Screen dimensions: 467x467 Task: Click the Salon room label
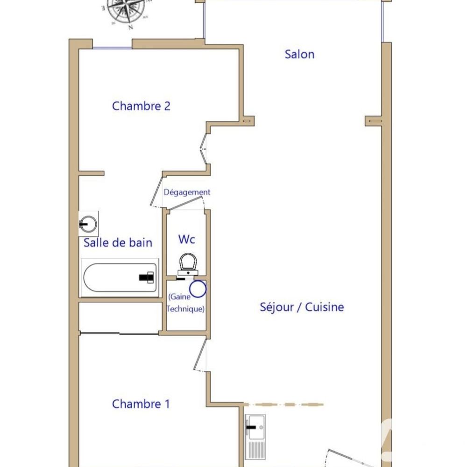point(299,55)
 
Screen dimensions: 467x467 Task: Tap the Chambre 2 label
point(141,106)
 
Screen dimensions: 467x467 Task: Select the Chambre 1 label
point(141,404)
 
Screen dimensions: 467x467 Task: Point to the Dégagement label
point(187,192)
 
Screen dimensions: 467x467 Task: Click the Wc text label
point(187,239)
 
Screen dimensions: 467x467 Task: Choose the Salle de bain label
point(118,243)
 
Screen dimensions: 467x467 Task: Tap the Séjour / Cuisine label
point(302,307)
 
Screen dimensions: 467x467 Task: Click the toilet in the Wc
point(188,264)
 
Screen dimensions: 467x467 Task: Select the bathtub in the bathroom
point(120,277)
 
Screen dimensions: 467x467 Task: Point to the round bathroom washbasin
point(88,224)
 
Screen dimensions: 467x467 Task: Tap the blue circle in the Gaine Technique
point(198,289)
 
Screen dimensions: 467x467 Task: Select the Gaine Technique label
point(186,303)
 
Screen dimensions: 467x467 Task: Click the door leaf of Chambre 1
point(200,354)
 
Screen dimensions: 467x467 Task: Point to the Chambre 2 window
point(112,48)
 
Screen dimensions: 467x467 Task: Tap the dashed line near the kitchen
point(283,404)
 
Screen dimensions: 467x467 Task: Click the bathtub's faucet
point(147,277)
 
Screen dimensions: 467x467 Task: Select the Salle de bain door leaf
point(156,191)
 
